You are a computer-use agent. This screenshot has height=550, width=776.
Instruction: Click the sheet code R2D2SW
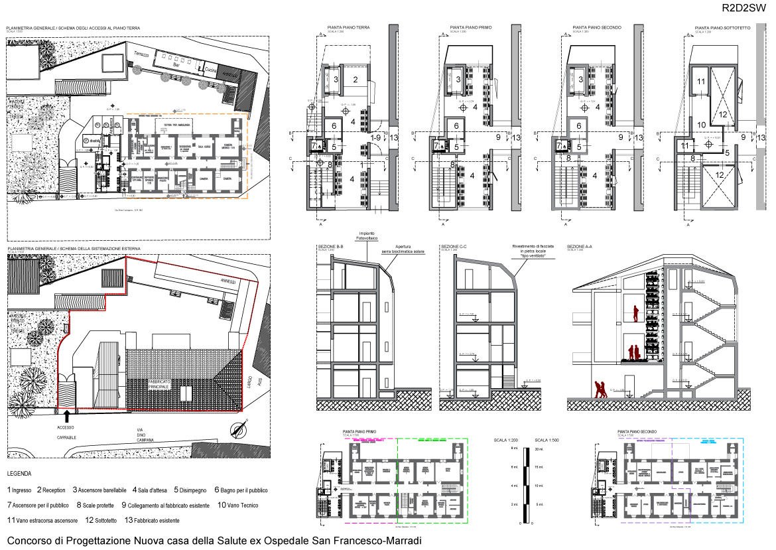(745, 9)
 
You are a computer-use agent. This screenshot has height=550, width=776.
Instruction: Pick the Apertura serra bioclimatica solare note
(403, 248)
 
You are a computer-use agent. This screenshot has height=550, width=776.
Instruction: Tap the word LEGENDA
(19, 474)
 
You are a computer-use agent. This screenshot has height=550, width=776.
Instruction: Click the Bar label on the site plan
(176, 66)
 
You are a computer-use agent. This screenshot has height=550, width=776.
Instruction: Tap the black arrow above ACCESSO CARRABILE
(66, 416)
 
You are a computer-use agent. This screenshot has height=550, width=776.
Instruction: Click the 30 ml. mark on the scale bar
(539, 450)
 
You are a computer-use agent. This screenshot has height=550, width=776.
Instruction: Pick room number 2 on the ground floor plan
(356, 80)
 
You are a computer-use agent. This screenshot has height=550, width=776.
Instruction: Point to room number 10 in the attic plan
(702, 124)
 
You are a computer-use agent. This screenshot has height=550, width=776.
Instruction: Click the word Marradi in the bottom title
(400, 541)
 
